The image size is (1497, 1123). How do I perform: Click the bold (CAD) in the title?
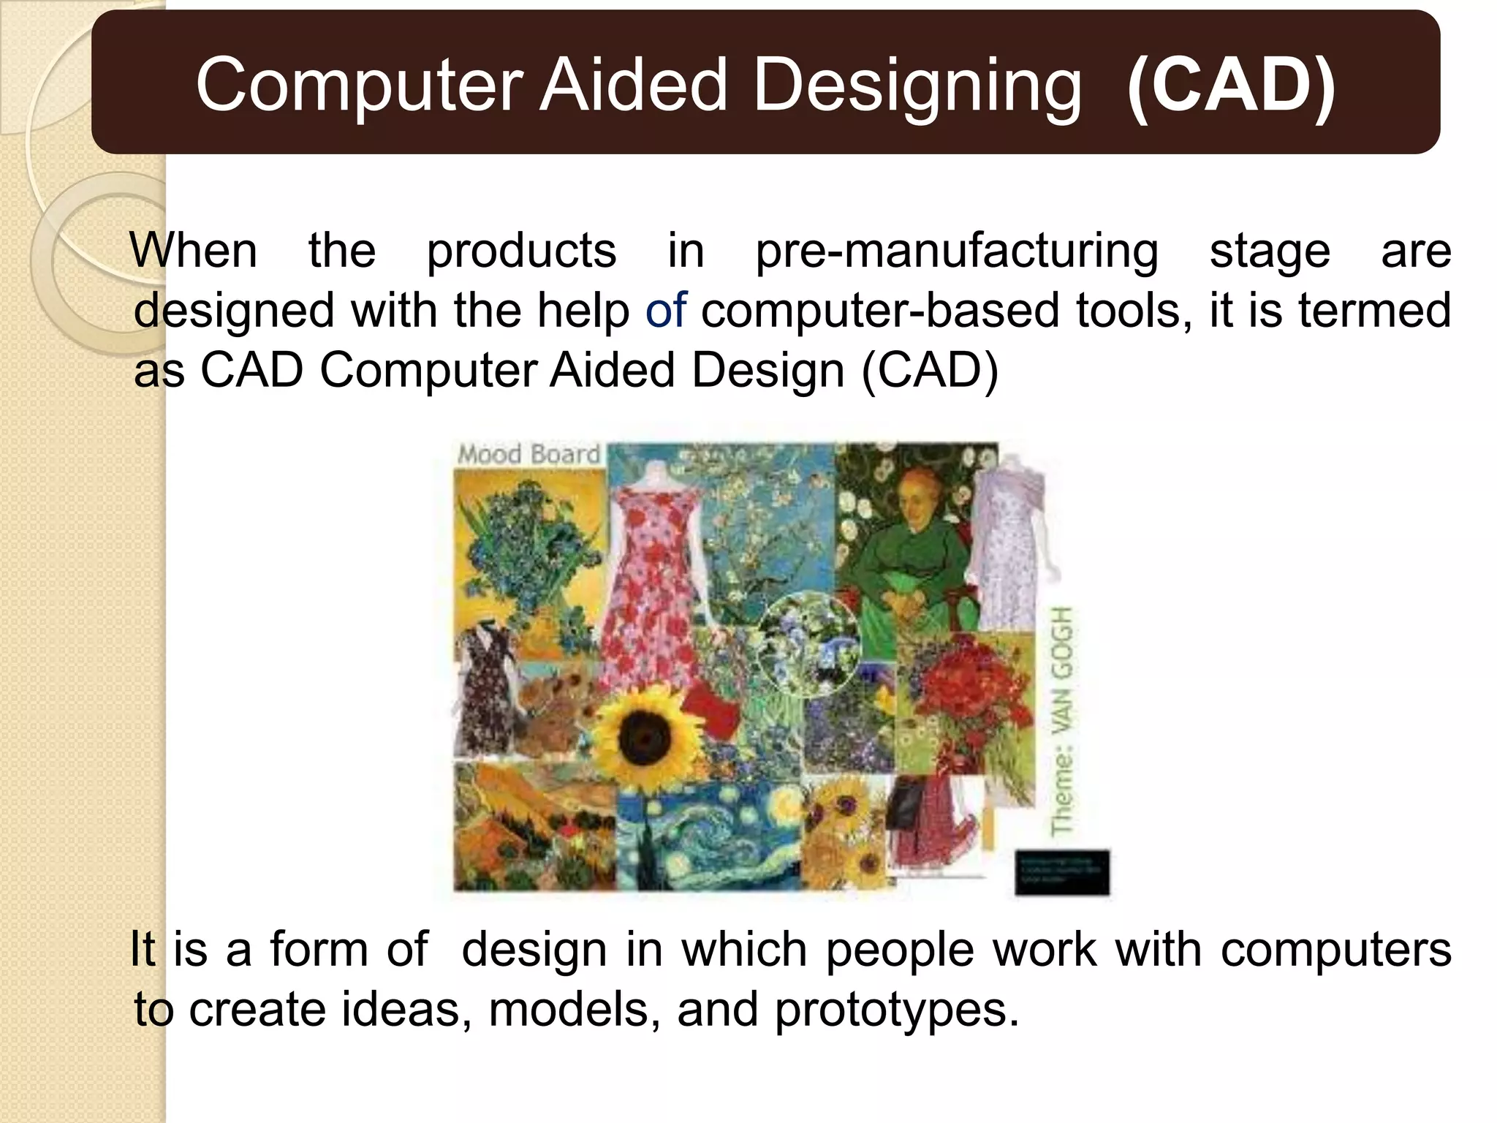coord(1231,86)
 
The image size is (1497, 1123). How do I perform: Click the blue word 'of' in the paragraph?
coord(665,310)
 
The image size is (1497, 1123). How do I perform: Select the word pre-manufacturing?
coord(956,251)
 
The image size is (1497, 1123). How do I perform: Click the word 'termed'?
coord(1374,310)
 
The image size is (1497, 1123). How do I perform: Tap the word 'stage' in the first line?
coord(1270,251)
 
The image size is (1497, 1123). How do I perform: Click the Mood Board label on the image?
coord(528,454)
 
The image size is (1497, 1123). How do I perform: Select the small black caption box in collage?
coord(1061,872)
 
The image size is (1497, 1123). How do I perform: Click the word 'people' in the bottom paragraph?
coord(900,950)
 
